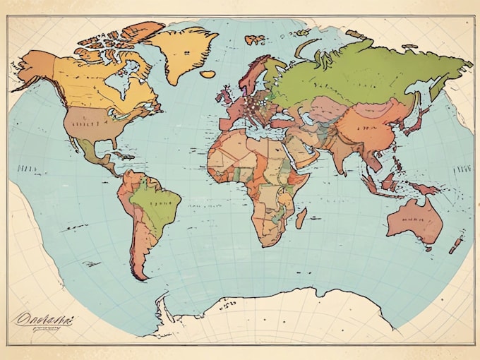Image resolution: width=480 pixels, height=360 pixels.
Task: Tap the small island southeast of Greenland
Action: click(208, 73)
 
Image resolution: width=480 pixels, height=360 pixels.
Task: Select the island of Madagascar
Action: click(301, 218)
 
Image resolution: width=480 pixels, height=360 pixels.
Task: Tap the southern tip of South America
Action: click(140, 275)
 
